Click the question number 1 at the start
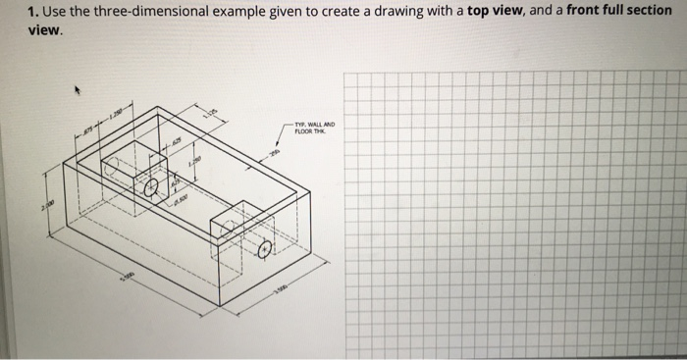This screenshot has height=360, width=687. [x=32, y=12]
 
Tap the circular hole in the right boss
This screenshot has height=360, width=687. [x=263, y=250]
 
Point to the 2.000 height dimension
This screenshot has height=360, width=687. [x=42, y=204]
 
